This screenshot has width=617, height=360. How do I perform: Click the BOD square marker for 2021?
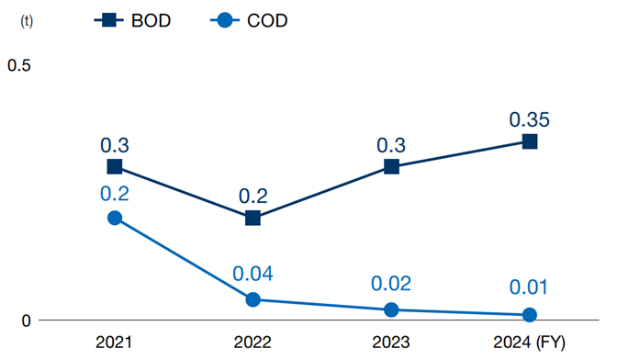115,166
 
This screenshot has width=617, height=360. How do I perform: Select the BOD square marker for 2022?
252,218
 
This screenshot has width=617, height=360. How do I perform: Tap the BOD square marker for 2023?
391,166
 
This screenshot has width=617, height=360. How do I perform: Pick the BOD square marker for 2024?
530,141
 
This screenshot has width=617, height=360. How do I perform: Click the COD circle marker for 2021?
115,218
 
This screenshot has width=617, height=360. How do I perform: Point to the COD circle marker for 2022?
252,299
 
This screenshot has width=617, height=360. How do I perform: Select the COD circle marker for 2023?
391,309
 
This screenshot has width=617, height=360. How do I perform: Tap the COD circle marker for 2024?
530,315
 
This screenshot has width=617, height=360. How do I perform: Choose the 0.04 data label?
252,274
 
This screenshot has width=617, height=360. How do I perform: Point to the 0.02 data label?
391,284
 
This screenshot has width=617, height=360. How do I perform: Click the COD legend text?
268,20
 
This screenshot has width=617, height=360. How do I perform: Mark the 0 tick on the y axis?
27,321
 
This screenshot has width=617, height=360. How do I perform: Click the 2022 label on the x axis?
252,343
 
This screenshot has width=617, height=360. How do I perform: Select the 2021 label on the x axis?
115,343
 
